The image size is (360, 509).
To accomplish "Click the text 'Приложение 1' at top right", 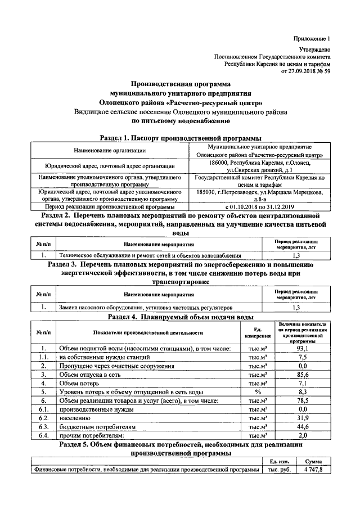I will coord(311,38).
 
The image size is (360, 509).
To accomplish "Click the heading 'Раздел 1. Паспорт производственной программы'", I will coord(180,138).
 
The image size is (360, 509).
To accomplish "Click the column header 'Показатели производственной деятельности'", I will coord(148,332).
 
